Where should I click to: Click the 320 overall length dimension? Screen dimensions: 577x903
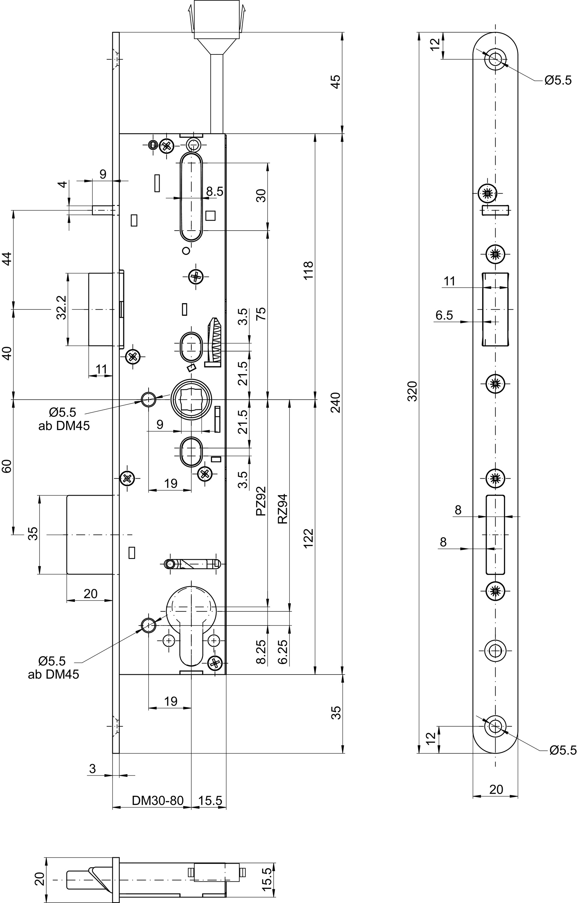(x=412, y=391)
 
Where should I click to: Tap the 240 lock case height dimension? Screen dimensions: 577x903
(x=336, y=402)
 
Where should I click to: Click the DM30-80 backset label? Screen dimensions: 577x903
(x=158, y=801)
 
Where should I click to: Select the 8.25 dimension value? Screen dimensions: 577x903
(x=261, y=652)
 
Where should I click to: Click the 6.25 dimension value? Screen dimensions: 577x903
(x=283, y=652)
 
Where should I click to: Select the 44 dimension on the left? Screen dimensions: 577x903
(x=8, y=259)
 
